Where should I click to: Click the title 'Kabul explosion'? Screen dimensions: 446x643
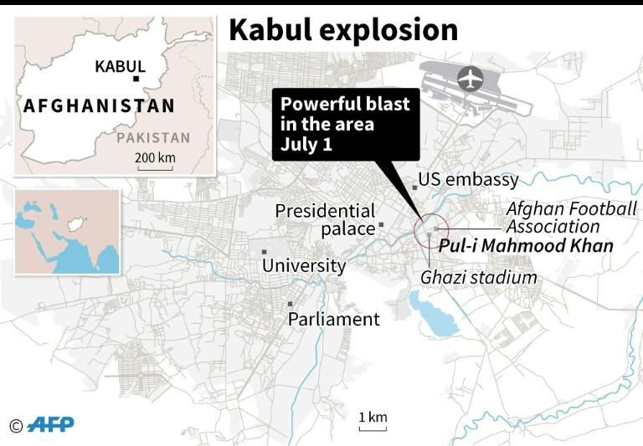coord(343,29)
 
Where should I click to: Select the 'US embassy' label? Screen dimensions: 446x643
coord(469,180)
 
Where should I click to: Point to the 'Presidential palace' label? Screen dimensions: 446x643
coord(325,219)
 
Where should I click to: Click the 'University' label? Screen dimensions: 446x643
coord(304,266)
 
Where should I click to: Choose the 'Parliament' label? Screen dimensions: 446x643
coord(333,319)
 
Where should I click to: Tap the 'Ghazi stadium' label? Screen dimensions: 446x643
coord(478,277)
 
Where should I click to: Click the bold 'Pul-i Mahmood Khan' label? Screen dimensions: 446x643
coord(526,246)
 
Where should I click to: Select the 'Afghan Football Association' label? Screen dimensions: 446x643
coord(571,218)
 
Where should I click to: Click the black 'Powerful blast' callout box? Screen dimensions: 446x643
coord(345,126)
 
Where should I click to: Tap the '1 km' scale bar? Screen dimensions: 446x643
coord(373,421)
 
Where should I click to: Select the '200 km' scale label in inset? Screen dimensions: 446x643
coord(155,158)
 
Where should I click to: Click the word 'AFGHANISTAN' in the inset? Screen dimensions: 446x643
coord(100,106)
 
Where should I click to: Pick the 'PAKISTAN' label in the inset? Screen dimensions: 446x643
coord(153,137)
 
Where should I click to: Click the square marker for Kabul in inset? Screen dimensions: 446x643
coord(136,79)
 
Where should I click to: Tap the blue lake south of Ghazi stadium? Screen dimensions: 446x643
coord(435,315)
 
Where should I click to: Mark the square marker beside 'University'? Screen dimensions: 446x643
coord(265,252)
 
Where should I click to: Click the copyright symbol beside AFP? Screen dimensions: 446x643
coord(15,425)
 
